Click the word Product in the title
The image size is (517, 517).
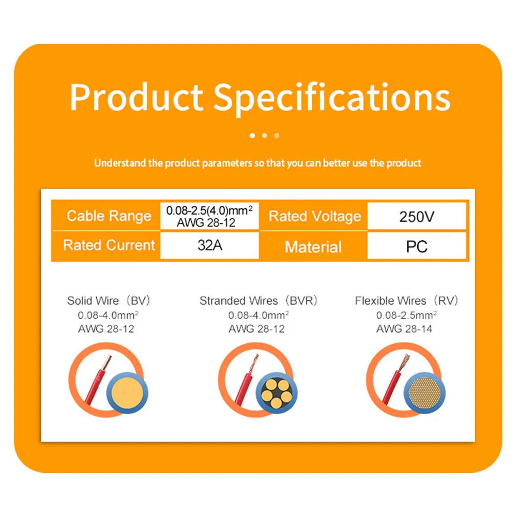point(136,97)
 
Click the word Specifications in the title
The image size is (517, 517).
point(332,98)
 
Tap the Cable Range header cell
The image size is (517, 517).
point(109,216)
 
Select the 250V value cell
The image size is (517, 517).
point(417,216)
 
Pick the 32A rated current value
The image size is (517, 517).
point(210,245)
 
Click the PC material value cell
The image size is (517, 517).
point(417,246)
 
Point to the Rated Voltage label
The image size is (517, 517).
point(314,216)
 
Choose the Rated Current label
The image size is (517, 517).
point(109,245)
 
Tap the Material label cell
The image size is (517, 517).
point(313,247)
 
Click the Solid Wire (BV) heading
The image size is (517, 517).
point(109,301)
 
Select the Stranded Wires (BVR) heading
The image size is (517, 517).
point(258,301)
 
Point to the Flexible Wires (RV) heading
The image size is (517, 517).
point(406,301)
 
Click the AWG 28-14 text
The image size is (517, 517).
point(404,329)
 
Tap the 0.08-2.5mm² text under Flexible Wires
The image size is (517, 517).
point(406,315)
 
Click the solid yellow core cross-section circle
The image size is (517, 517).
point(127,393)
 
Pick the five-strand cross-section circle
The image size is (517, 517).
point(276,393)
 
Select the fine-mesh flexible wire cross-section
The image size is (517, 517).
point(424,393)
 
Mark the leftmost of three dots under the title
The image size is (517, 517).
point(252,135)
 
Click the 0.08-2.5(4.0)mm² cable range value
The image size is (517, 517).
point(209,210)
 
